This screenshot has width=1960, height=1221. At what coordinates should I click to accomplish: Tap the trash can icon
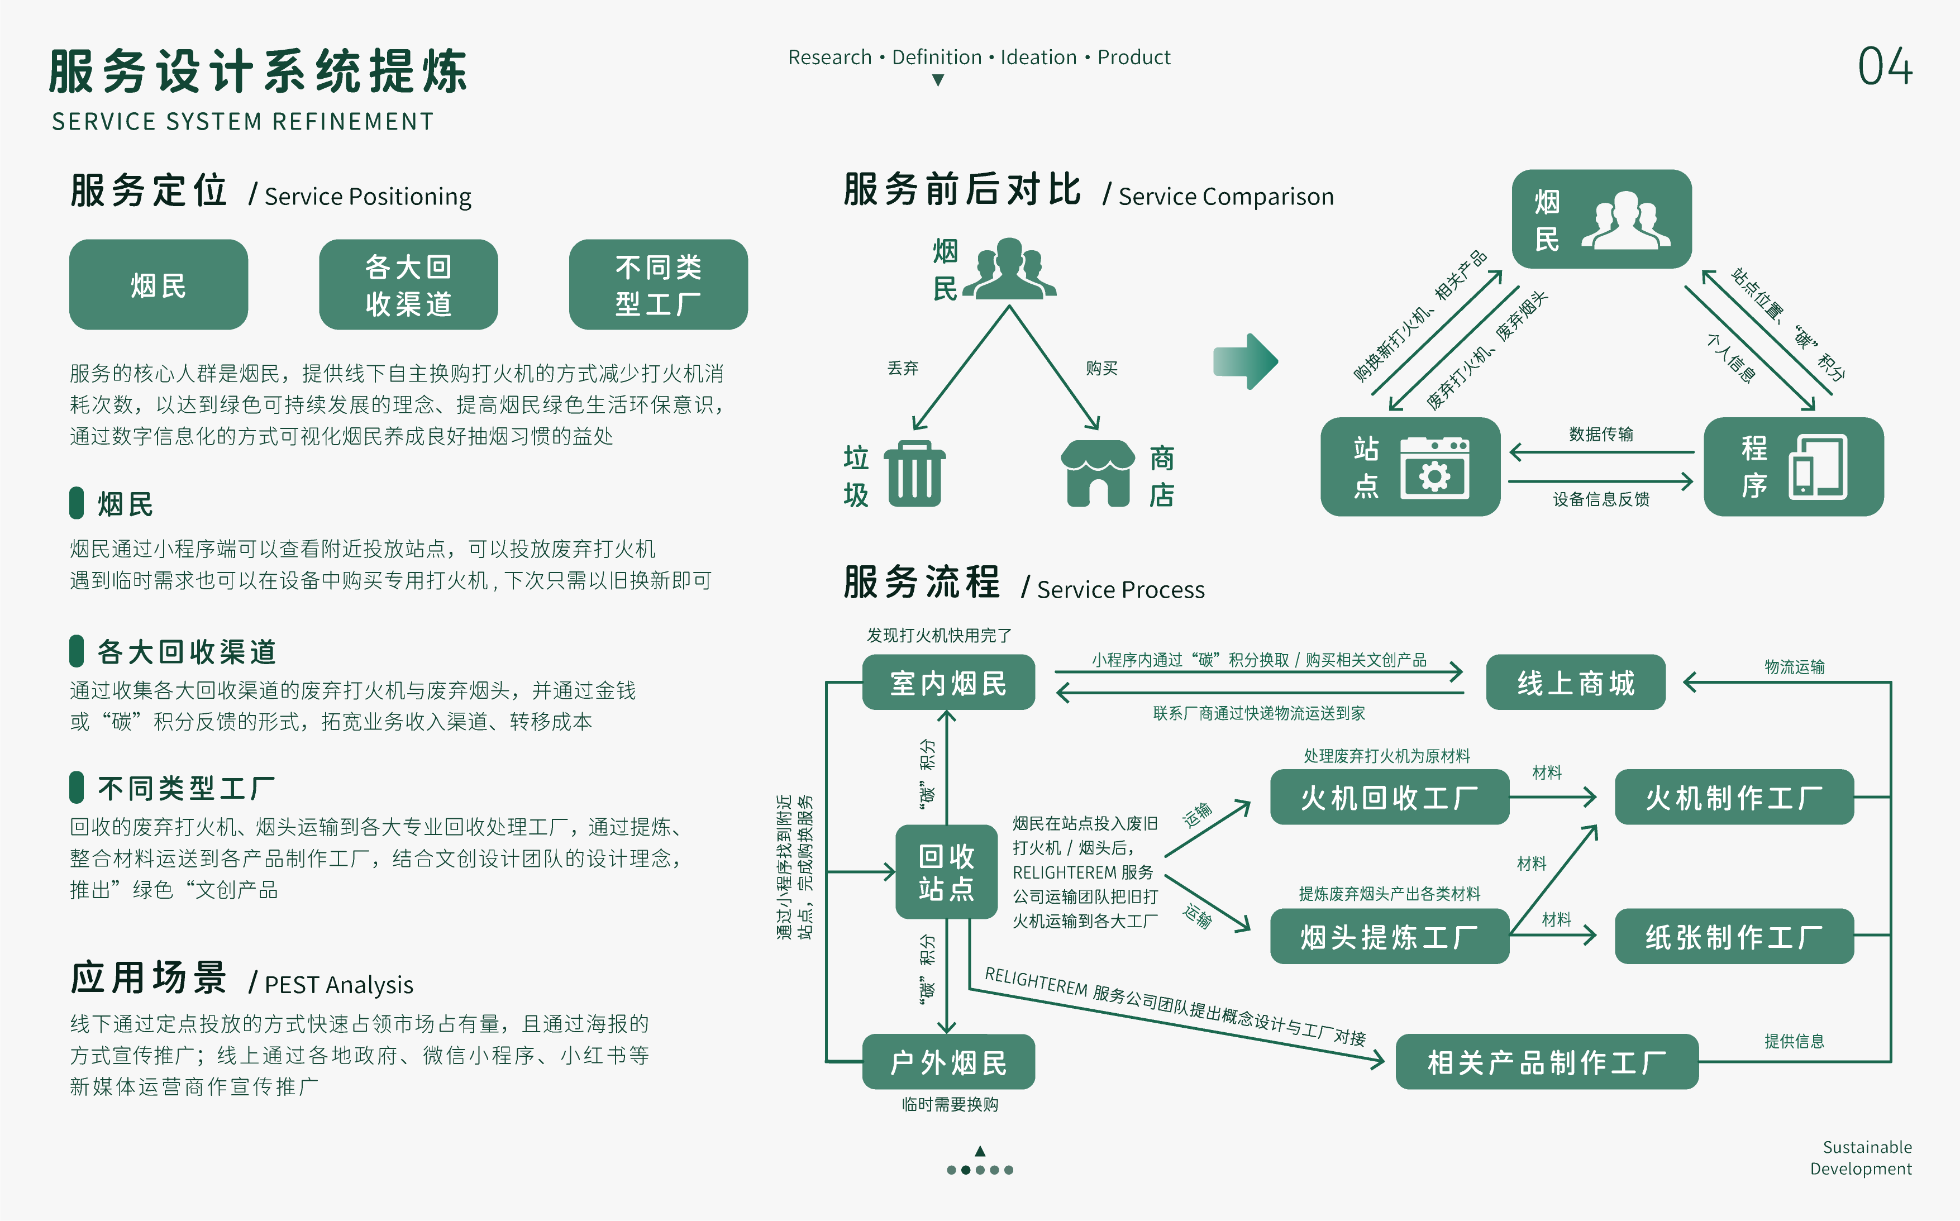point(914,474)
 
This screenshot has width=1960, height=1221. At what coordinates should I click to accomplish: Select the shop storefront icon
point(1096,474)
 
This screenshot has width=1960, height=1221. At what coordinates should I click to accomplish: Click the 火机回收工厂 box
point(1389,798)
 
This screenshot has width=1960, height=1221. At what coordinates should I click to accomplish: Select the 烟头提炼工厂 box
point(1389,937)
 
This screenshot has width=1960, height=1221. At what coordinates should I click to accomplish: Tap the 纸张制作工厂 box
point(1734,937)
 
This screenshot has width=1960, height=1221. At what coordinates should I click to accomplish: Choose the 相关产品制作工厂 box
point(1547,1062)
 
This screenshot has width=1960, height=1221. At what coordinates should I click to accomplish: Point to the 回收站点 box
point(946,872)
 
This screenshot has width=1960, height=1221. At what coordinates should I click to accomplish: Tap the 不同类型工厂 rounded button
point(658,285)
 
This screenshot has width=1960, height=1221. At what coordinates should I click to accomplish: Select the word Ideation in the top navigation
point(1038,58)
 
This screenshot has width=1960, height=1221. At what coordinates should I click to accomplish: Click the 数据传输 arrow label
point(1601,435)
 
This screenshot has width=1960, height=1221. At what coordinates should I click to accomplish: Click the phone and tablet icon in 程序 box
point(1818,468)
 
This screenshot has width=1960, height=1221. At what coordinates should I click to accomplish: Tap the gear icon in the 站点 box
point(1434,475)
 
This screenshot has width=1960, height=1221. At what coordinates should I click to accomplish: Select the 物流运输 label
point(1795,667)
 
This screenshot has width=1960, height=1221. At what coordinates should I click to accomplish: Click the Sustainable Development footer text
point(1862,1158)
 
